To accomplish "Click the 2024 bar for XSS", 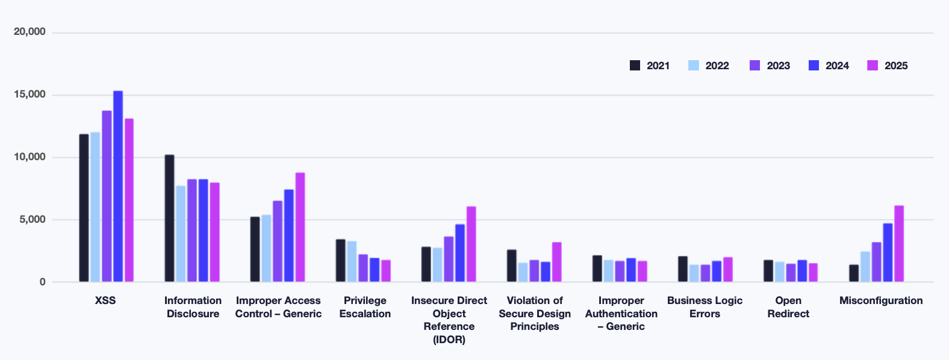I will (x=118, y=187).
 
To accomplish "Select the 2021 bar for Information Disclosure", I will (x=169, y=219).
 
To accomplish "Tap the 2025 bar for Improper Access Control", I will (x=300, y=228).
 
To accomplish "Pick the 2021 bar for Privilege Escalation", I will (x=340, y=261).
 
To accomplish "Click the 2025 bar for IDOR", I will (x=471, y=244).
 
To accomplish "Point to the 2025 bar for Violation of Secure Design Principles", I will (x=556, y=262).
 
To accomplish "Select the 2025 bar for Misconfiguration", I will (x=898, y=244).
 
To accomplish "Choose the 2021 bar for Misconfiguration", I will (x=853, y=273).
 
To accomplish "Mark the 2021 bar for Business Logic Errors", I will (x=682, y=269).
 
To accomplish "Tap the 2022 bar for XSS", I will (x=95, y=207).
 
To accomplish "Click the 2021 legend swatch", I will (x=635, y=66).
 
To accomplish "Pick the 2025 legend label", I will (x=895, y=66).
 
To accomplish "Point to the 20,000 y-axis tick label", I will (x=30, y=32).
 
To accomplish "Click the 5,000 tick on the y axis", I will (x=32, y=220).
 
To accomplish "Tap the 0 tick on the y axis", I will (x=42, y=282).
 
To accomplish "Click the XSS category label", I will (x=105, y=300).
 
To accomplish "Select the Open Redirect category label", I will (x=788, y=307).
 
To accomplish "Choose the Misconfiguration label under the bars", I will (x=880, y=300).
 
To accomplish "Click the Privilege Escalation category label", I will (x=365, y=307).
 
